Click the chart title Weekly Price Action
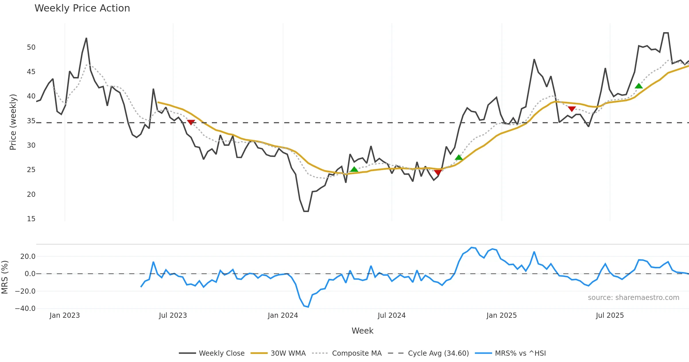click(82, 8)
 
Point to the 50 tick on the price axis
click(31, 47)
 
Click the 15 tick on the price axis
click(31, 219)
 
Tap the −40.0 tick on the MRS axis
click(25, 309)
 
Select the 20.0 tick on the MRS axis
click(28, 257)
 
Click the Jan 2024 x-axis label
click(283, 315)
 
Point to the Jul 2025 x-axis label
click(610, 315)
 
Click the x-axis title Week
click(362, 331)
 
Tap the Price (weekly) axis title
click(13, 122)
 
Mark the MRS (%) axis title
click(5, 277)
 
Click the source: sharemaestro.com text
click(633, 298)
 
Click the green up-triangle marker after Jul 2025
click(639, 86)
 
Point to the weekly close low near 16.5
click(306, 211)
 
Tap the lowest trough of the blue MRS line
click(308, 307)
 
